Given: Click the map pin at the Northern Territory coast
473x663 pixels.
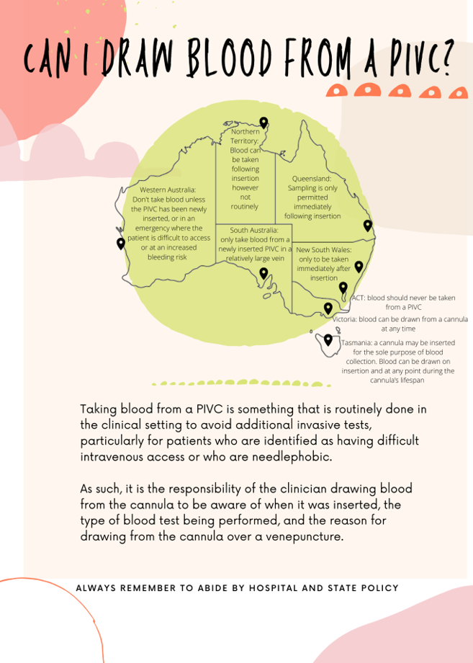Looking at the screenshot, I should tap(263, 123).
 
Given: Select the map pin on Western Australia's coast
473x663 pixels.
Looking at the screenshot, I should tap(121, 244).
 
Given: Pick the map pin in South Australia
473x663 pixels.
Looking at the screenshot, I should tap(263, 273).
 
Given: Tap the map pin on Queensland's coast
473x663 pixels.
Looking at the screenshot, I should tap(368, 226).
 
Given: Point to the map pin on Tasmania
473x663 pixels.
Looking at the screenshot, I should tap(328, 339).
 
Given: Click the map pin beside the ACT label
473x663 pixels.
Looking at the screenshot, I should tap(343, 288).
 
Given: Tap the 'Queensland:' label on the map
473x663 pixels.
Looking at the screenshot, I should tap(311, 178).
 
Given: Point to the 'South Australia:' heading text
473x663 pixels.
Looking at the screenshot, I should tap(253, 230).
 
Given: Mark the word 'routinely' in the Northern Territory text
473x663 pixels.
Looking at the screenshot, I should tap(245, 206).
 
